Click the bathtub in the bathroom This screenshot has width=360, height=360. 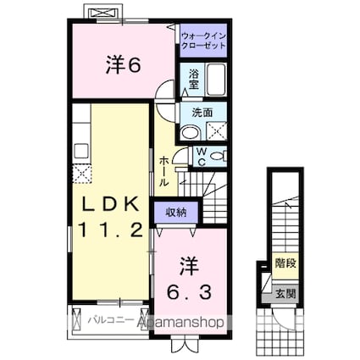[216, 82]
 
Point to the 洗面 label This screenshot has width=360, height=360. [201, 113]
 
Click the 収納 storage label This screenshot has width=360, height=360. [176, 212]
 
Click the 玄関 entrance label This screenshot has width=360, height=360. [284, 293]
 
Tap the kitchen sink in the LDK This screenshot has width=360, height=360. [82, 152]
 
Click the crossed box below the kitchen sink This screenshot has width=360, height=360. [82, 174]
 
